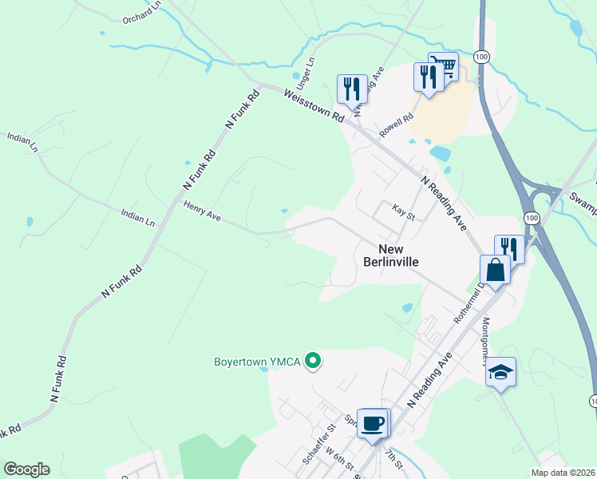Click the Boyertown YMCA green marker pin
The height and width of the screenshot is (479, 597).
[314, 362]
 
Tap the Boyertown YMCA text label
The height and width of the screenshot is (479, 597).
[257, 362]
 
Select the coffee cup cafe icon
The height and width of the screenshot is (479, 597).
[372, 423]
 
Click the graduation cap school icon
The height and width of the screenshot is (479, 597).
[500, 373]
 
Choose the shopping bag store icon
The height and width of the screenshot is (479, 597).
[495, 270]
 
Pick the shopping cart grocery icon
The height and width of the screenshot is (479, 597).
[443, 66]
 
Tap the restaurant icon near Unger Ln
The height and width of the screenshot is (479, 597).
[351, 89]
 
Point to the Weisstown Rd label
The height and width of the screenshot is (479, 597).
[314, 105]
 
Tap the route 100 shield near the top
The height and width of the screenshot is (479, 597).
[480, 57]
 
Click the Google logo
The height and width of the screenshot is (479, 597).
[26, 469]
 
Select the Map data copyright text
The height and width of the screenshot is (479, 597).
[563, 473]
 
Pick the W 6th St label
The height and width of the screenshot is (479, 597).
[338, 464]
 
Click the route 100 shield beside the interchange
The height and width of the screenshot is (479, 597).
[531, 217]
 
